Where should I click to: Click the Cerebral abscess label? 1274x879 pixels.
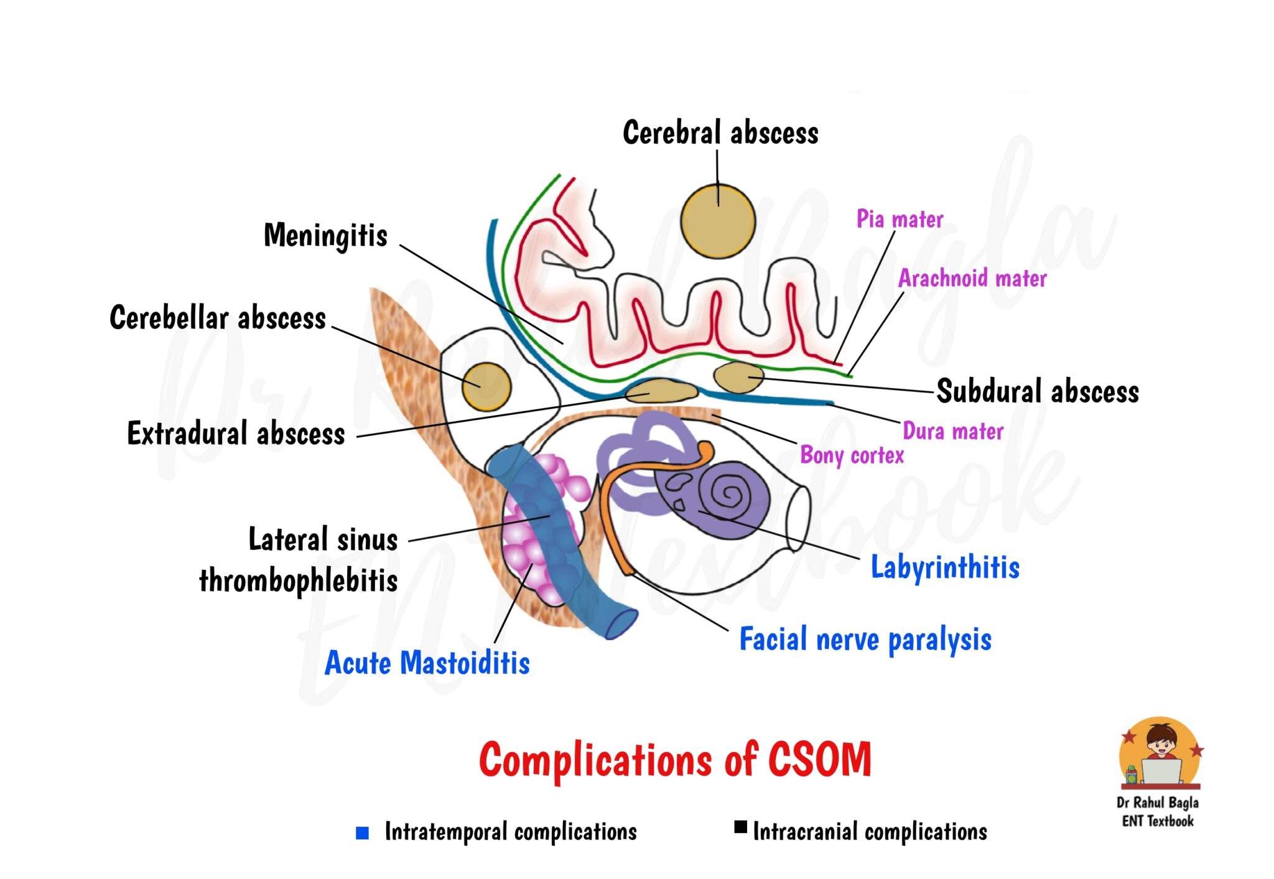pyautogui.click(x=720, y=133)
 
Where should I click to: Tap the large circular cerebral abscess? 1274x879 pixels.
pyautogui.click(x=718, y=221)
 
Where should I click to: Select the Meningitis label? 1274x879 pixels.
pyautogui.click(x=325, y=236)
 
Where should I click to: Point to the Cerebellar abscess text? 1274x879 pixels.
pyautogui.click(x=218, y=318)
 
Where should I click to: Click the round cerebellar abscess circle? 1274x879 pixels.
pyautogui.click(x=486, y=386)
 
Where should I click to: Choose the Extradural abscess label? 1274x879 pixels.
pyautogui.click(x=236, y=433)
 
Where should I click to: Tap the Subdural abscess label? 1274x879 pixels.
pyautogui.click(x=1038, y=391)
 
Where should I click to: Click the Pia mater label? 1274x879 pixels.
pyautogui.click(x=900, y=219)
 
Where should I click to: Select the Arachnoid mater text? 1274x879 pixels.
pyautogui.click(x=972, y=278)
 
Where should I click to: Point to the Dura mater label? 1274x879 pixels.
pyautogui.click(x=953, y=431)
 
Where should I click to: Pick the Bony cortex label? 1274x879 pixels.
pyautogui.click(x=852, y=455)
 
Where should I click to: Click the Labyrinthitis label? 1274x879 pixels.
pyautogui.click(x=945, y=567)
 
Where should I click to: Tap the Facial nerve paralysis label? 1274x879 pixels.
pyautogui.click(x=865, y=639)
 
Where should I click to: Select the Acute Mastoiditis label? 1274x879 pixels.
pyautogui.click(x=427, y=663)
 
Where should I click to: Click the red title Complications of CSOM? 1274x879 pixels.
pyautogui.click(x=675, y=760)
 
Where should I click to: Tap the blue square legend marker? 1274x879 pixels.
pyautogui.click(x=362, y=832)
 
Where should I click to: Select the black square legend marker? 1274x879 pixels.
pyautogui.click(x=740, y=827)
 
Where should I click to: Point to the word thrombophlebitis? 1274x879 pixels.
pyautogui.click(x=298, y=581)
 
